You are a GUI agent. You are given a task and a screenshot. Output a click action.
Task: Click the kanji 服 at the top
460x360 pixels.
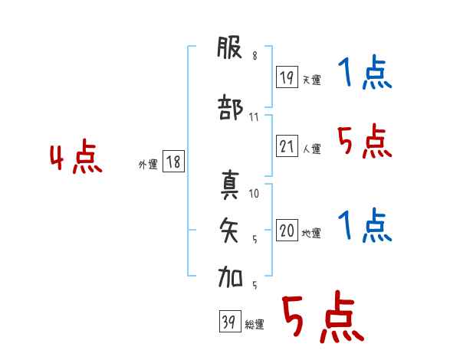[230, 47]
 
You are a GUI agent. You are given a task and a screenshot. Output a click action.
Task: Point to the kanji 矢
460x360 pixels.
[229, 230]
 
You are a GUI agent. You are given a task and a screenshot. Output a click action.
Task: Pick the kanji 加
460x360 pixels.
[230, 277]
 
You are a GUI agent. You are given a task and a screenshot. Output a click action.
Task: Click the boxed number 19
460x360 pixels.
[287, 77]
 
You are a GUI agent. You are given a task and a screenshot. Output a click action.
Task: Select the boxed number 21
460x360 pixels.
[287, 146]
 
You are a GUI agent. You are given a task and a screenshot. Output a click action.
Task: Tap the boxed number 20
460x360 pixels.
[287, 230]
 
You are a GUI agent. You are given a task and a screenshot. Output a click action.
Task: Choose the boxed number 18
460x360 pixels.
[173, 162]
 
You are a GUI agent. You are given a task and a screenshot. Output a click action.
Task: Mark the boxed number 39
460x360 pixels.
[230, 321]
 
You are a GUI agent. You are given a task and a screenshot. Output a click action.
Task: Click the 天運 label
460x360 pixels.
[312, 80]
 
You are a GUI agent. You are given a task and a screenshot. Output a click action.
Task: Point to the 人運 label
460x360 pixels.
[312, 149]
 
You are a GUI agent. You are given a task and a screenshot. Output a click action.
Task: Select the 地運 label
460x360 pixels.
[311, 234]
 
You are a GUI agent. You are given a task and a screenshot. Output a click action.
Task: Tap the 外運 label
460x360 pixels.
[148, 165]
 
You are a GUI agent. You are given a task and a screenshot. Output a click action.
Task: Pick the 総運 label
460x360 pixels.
[255, 325]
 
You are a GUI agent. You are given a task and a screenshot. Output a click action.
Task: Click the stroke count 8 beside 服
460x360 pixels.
[255, 56]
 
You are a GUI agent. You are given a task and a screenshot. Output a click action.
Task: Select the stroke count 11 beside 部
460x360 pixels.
[254, 117]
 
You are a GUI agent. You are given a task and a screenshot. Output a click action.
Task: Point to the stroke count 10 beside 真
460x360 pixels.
[254, 194]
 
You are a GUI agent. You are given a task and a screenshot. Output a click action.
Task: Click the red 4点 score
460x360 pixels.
[76, 156]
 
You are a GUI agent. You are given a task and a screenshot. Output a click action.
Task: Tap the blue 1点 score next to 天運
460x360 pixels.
[365, 72]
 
